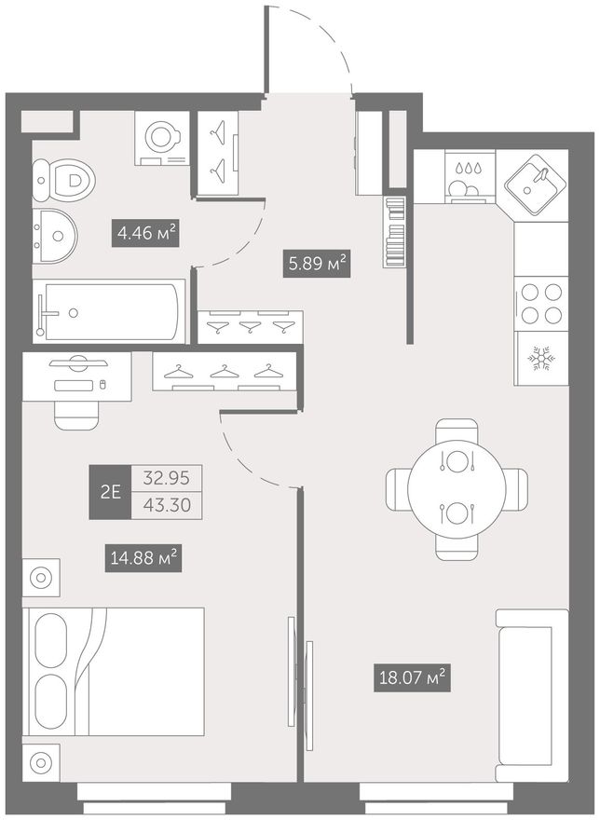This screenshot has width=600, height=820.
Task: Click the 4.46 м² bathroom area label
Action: coord(146,233)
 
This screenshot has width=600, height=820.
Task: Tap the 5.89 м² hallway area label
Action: coord(317,264)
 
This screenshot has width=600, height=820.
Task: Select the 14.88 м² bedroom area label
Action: coord(143,558)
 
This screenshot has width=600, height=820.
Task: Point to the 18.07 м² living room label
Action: coord(412,678)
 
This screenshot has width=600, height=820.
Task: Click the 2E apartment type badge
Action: coord(110,492)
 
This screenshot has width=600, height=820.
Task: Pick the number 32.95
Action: coord(167,478)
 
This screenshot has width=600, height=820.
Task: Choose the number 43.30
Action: coord(167,506)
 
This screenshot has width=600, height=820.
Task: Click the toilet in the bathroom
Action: coord(62,181)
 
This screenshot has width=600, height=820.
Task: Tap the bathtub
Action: coord(109,311)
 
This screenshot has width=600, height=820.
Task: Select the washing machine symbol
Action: coord(161,138)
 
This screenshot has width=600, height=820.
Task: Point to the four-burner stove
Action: coord(541,304)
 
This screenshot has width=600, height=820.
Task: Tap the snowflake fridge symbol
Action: coord(541,359)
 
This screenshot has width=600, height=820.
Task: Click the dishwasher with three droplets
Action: coord(470,177)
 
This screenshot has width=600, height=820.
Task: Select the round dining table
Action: coord(457,488)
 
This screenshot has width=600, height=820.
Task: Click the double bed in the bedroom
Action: coord(113,672)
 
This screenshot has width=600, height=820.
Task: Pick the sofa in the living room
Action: coord(532,695)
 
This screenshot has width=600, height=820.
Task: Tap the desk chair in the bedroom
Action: coord(76,416)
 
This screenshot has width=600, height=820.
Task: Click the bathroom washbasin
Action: coord(54,237)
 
